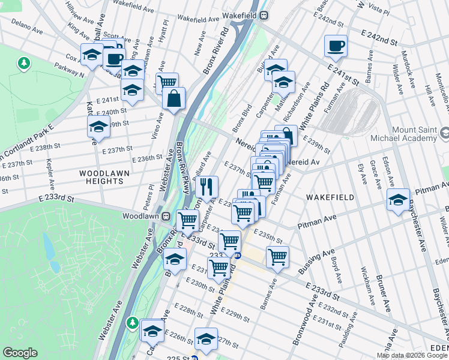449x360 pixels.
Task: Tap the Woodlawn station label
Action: tap(140, 215)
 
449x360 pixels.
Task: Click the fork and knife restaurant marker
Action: tap(207, 187)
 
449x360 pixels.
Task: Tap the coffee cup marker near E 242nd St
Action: tap(336, 45)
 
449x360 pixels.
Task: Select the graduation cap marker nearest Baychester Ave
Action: tap(397, 199)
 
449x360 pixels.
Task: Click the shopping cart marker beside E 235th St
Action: tap(277, 256)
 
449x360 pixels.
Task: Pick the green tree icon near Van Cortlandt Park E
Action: tap(24, 62)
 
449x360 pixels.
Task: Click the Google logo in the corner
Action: tap(20, 353)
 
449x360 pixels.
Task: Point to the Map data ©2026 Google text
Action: tap(412, 355)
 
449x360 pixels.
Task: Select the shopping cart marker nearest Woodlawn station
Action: tap(188, 220)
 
